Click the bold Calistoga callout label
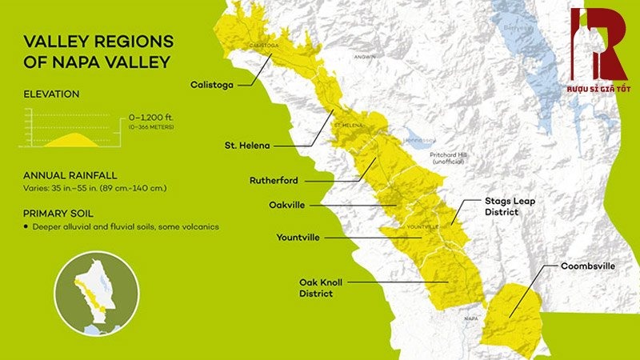212,82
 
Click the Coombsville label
587,266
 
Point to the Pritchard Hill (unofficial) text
453,158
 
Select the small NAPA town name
470,318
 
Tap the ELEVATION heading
52,94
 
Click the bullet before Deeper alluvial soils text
26,227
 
